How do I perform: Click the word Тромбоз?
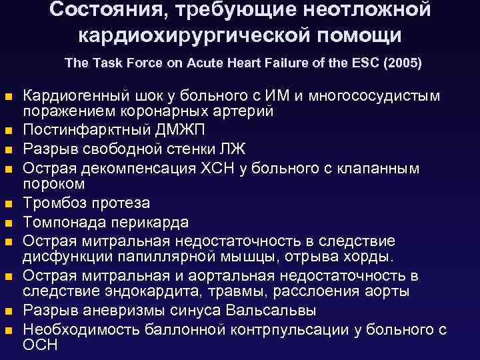click(54, 203)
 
